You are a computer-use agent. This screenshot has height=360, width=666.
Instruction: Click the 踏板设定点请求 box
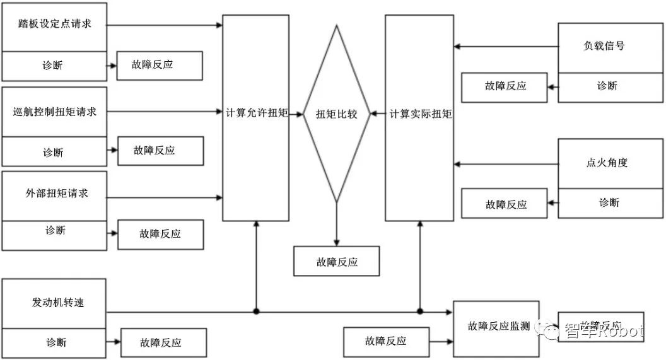click(54, 25)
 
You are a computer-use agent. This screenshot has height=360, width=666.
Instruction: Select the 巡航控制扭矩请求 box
click(54, 112)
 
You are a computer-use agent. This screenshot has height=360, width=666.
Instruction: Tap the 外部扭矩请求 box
click(54, 194)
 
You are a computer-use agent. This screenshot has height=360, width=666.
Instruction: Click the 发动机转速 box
click(54, 302)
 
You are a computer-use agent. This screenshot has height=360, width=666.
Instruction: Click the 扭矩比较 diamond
click(336, 114)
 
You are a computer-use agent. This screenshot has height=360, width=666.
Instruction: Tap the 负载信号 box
click(610, 47)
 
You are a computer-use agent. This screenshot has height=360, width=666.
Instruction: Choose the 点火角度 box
click(610, 163)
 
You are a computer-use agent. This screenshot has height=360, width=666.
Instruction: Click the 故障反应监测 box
click(499, 326)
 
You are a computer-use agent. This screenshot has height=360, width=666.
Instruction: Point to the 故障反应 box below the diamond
click(337, 261)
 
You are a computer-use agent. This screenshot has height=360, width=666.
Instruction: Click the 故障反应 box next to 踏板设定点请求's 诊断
click(160, 66)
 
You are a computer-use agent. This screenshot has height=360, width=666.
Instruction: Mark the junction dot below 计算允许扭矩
click(256, 311)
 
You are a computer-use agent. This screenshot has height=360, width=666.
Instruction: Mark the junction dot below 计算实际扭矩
click(419, 311)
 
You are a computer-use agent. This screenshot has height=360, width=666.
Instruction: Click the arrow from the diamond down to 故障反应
click(337, 224)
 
